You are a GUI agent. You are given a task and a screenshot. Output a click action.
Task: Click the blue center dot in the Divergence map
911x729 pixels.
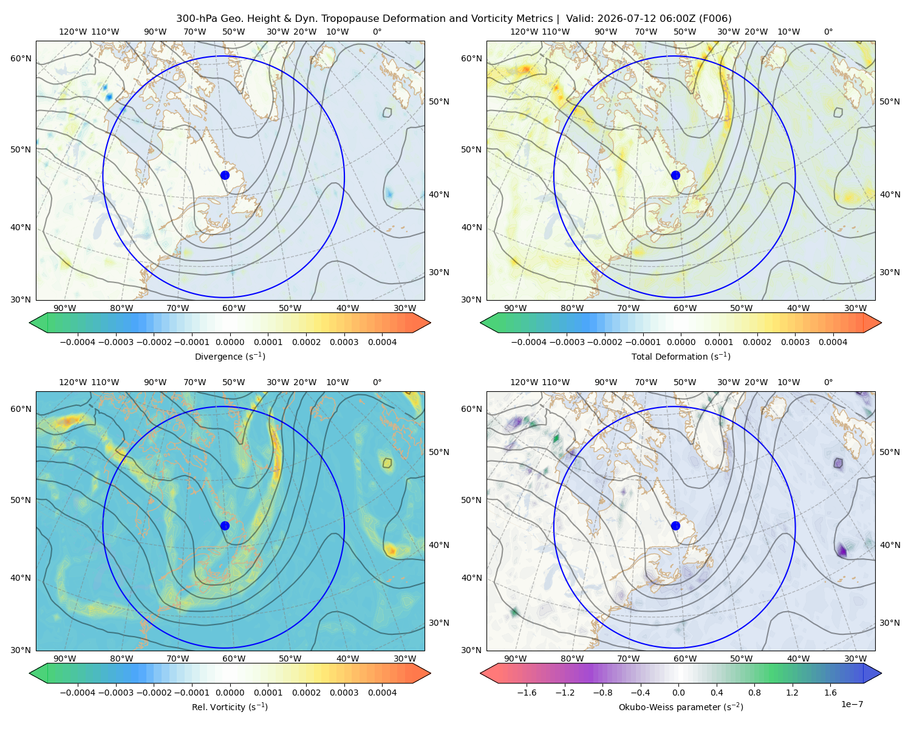click(x=225, y=175)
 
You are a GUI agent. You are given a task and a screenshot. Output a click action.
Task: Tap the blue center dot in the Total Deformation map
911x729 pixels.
click(x=675, y=175)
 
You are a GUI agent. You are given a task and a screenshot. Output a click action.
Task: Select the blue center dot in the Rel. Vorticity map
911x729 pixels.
click(x=225, y=525)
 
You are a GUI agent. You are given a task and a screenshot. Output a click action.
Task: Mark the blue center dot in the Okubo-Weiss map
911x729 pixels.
click(x=675, y=525)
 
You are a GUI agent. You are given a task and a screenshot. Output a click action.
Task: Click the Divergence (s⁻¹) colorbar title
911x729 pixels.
click(x=230, y=356)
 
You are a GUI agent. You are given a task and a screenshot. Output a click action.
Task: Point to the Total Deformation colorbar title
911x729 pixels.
click(x=681, y=356)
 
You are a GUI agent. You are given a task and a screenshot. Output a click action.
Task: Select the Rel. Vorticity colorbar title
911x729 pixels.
click(x=230, y=707)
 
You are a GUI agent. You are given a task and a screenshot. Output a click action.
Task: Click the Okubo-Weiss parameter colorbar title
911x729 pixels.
click(x=681, y=707)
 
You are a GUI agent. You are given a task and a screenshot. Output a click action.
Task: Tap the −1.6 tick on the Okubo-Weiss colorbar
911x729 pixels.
click(x=527, y=692)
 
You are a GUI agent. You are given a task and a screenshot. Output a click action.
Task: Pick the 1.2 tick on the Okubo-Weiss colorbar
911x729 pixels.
click(x=792, y=692)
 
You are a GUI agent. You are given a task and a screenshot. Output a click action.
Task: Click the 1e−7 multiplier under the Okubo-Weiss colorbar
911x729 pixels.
click(x=851, y=704)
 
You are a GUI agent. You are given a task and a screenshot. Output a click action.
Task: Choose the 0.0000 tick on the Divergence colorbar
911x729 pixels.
click(x=230, y=342)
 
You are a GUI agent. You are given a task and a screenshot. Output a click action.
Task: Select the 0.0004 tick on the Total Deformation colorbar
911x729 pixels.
click(x=833, y=342)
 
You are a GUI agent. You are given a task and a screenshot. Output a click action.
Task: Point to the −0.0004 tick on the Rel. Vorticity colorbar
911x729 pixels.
click(x=78, y=692)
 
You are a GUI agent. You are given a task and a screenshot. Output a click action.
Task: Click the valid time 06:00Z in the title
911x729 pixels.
click(x=680, y=19)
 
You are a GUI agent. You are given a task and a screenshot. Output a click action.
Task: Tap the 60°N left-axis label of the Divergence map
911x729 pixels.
click(x=21, y=58)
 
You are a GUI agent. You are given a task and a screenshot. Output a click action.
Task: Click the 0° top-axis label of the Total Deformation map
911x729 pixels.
click(x=828, y=32)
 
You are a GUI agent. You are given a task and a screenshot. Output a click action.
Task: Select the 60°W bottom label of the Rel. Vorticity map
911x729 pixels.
click(x=234, y=659)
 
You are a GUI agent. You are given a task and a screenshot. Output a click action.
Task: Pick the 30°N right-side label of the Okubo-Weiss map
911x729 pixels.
click(x=890, y=622)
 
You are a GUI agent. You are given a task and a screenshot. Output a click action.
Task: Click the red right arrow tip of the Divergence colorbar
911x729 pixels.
click(x=430, y=323)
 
